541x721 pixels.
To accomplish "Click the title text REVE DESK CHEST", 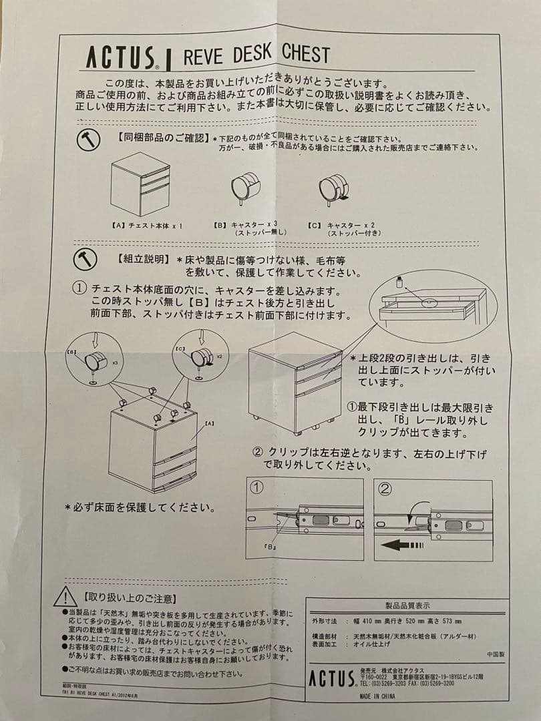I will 256,54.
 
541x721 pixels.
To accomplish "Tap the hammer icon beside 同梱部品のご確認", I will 87,140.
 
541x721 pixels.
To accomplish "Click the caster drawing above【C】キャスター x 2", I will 334,186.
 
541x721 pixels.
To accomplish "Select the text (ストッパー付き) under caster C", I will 353,233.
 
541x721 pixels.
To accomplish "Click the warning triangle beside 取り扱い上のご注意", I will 65,596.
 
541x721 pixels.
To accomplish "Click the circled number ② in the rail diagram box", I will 385,489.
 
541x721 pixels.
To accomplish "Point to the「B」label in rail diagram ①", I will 270,547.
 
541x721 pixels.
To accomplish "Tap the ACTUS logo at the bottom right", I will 331,678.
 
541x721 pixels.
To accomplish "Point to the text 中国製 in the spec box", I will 495,655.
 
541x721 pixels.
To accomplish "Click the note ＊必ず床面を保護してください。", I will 140,507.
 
